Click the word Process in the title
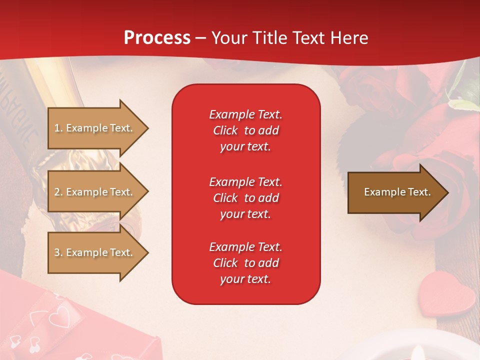pyautogui.click(x=157, y=37)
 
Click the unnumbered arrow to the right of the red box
pyautogui.click(x=395, y=192)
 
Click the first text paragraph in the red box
pyautogui.click(x=245, y=130)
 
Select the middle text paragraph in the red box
pyautogui.click(x=245, y=198)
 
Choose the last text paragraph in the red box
pyautogui.click(x=245, y=263)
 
